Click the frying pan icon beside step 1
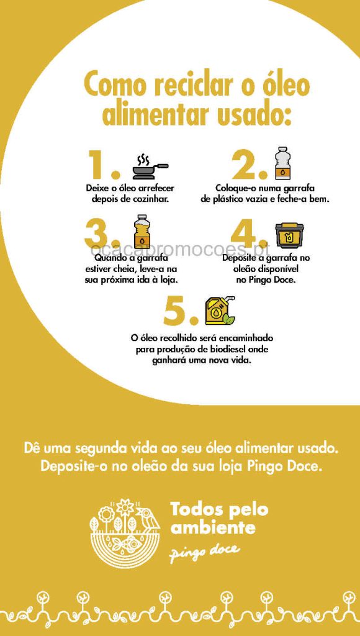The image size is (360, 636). tap(150, 166)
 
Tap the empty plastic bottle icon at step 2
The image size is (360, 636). tap(281, 163)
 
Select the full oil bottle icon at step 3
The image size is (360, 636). tap(141, 231)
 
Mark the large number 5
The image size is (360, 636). tap(181, 311)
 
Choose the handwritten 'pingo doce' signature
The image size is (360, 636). tap(204, 551)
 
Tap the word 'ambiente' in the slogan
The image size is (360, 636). tap(213, 528)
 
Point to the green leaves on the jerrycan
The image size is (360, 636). tap(230, 319)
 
